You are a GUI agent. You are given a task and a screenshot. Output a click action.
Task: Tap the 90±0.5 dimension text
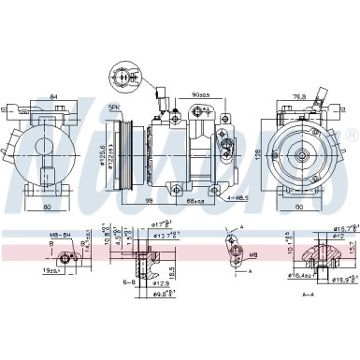(x=199, y=94)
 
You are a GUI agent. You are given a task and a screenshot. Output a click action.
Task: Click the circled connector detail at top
(x=123, y=79)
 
